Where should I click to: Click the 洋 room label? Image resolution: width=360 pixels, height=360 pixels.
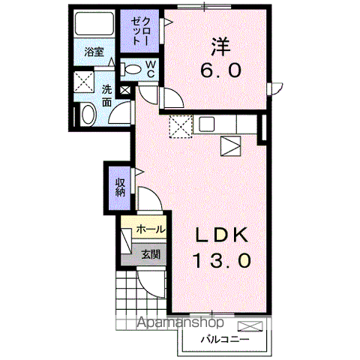coord(220,46)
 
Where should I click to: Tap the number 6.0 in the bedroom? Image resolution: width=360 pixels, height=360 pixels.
coord(220,72)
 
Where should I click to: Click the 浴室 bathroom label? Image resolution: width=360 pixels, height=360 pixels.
coord(94,53)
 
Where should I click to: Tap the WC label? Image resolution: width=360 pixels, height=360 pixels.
coord(150,69)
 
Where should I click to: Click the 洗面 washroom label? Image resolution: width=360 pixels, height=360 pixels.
coord(107,95)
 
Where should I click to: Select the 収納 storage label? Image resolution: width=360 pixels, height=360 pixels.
coord(120,187)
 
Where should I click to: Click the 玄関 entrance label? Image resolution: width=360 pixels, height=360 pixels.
coord(151,254)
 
